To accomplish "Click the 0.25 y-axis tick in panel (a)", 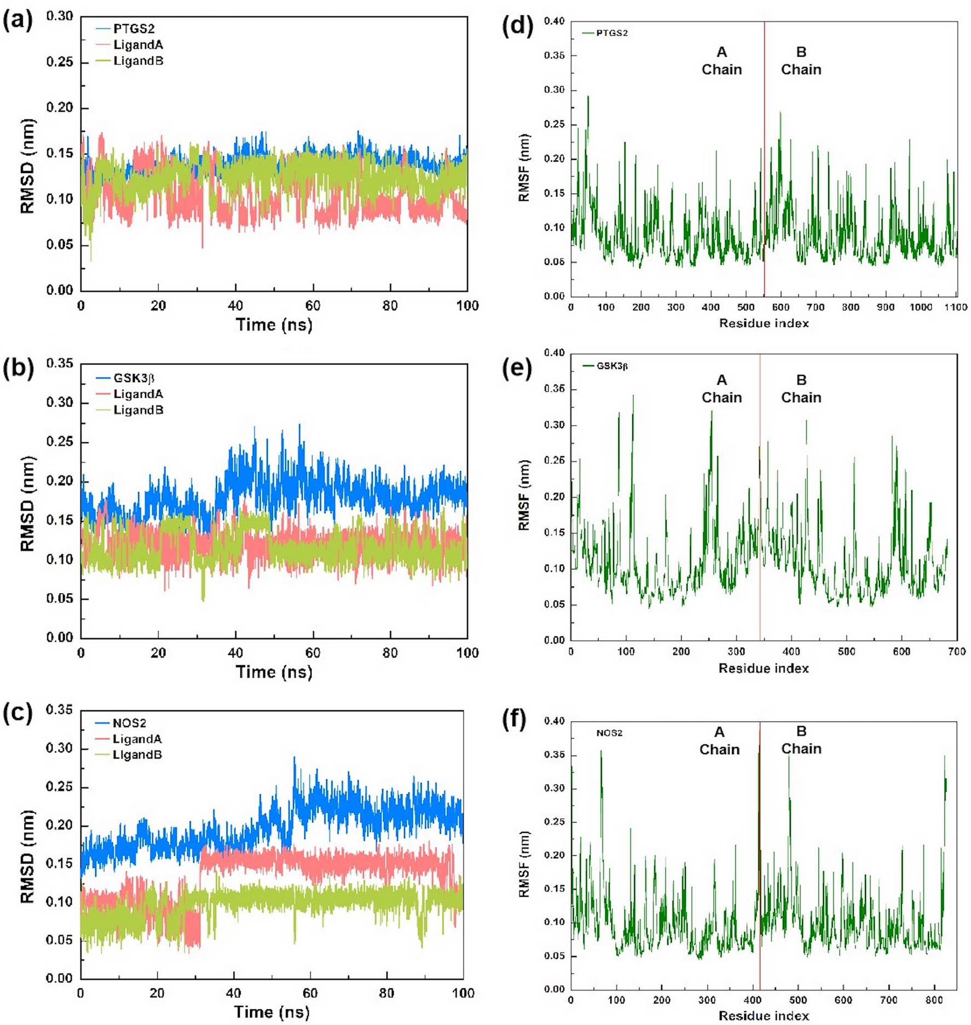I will click(59, 62).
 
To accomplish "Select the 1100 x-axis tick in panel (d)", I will click(955, 308).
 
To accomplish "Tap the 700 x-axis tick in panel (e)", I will click(956, 651).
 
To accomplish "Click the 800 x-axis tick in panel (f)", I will click(934, 1000).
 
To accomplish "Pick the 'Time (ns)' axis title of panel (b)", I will click(274, 671).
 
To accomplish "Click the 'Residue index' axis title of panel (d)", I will click(764, 323).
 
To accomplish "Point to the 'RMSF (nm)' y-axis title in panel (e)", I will click(524, 495).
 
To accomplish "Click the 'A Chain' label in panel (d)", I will click(721, 61).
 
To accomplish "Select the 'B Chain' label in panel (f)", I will click(801, 740).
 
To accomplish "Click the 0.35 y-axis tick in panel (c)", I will click(59, 710).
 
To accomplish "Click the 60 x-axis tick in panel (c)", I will click(310, 993).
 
